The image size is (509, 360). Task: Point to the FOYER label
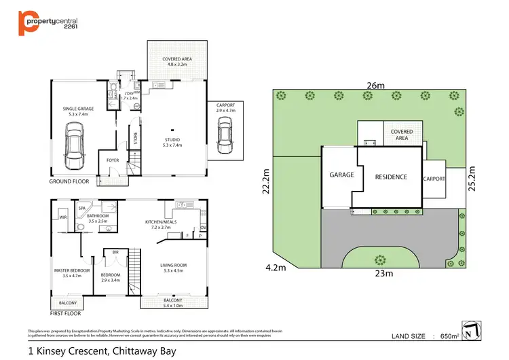pos(112,160)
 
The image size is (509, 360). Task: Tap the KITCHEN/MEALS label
pos(161,225)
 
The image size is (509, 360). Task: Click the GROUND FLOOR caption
pos(70,182)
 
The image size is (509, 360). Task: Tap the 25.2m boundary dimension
pos(479,179)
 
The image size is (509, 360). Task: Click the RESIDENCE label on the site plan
pos(391,177)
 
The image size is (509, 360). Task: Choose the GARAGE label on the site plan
pos(341,175)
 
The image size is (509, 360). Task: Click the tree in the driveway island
pos(379,259)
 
